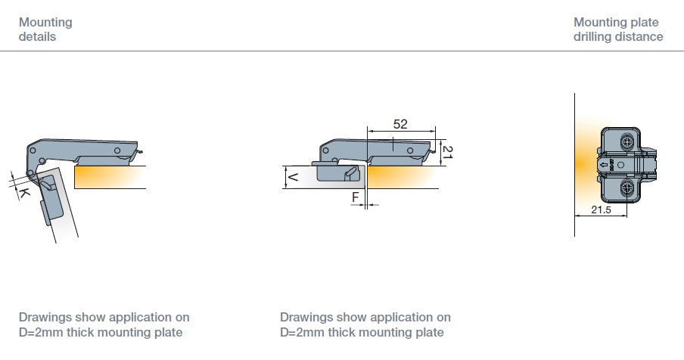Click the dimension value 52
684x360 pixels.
[x=400, y=124]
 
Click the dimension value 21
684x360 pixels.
[x=448, y=152]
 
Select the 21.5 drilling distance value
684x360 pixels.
[x=601, y=209]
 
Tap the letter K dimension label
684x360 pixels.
[x=23, y=192]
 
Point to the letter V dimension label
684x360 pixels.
[x=293, y=177]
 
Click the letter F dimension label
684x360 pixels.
[x=355, y=197]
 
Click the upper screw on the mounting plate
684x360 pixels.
[x=626, y=141]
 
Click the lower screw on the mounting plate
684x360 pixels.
[x=626, y=188]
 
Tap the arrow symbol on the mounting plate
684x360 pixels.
[x=604, y=165]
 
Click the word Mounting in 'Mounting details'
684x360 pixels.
[x=45, y=22]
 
